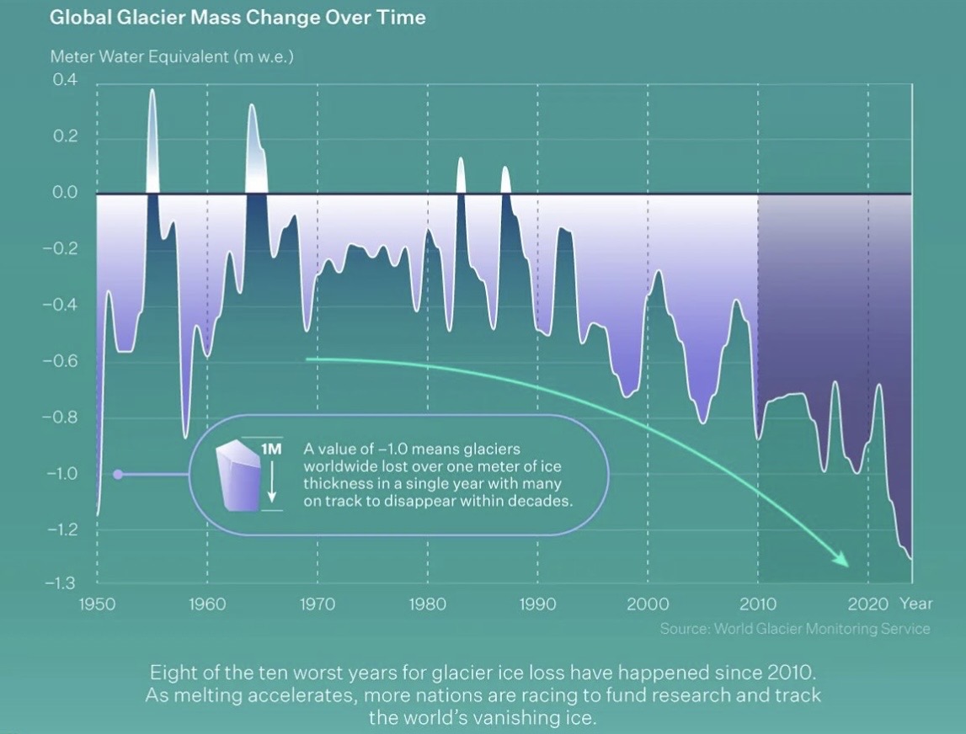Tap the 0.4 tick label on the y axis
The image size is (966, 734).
pos(65,81)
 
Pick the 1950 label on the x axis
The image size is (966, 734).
pos(97,604)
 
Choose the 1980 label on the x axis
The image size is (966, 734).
pos(428,604)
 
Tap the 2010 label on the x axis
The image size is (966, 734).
pos(758,604)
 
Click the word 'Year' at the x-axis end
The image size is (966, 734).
pos(915,604)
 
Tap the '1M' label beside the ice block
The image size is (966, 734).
pos(271,449)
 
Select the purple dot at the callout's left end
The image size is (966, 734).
pos(118,475)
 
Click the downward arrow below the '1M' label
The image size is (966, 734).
pos(271,487)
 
